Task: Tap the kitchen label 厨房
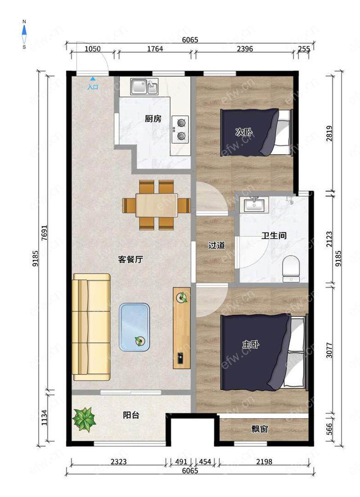153,119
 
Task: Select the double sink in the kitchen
144,87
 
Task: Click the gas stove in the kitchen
181,129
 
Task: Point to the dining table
156,205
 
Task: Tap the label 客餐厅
131,260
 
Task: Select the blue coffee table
134,327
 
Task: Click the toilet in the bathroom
291,269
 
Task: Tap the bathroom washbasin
254,204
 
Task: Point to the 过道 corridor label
217,245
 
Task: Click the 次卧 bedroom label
244,132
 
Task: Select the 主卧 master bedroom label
251,344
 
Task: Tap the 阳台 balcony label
131,415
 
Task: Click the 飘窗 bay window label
260,429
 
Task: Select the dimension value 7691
44,232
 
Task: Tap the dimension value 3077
329,350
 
